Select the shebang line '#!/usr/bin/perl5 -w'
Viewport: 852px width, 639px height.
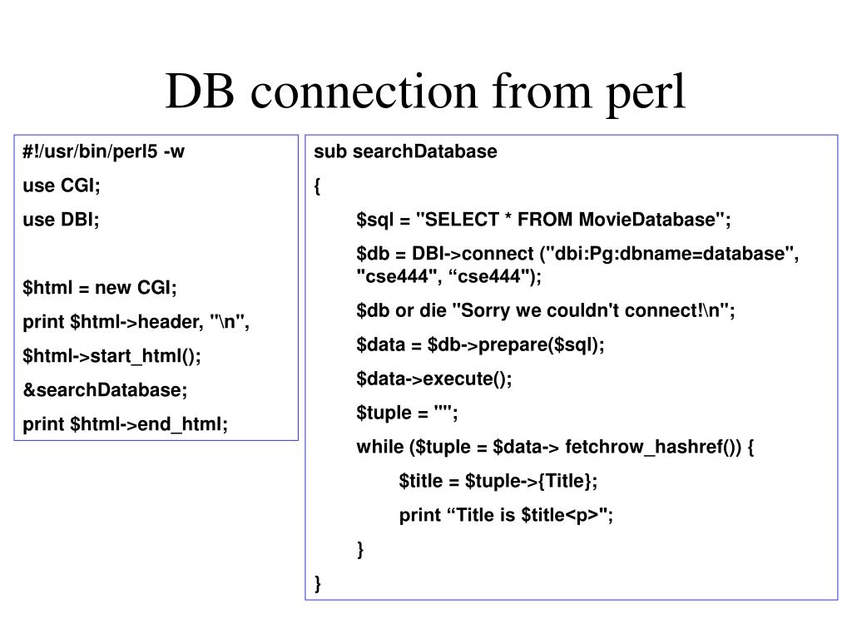(x=104, y=151)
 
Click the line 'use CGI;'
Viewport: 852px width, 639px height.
(x=62, y=186)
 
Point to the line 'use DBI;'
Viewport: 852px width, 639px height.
(x=61, y=220)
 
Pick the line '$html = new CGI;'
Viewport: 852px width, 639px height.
(x=100, y=288)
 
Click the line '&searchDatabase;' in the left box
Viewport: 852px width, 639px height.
(x=106, y=390)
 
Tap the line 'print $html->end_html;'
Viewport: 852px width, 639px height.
(x=125, y=424)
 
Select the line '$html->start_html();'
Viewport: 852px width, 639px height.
(x=112, y=356)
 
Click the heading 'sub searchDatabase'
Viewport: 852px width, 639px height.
(x=405, y=151)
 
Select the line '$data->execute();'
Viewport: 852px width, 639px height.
(x=434, y=379)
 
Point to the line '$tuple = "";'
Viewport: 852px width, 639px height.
(x=408, y=413)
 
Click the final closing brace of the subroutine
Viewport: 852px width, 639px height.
(x=318, y=583)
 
